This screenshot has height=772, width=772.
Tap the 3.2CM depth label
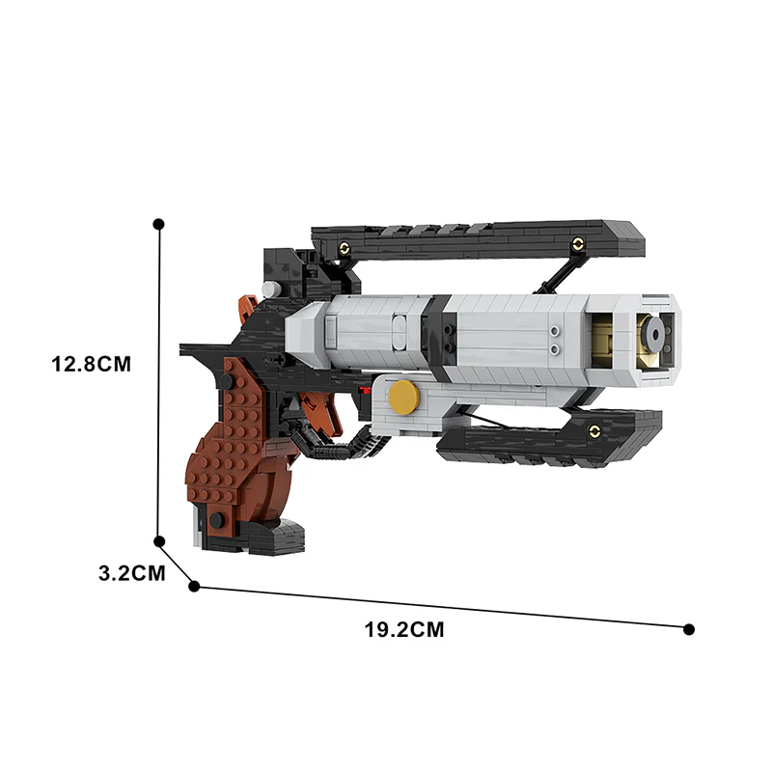131,572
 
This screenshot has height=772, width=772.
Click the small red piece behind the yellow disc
365,391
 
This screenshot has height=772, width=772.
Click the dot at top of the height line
159,224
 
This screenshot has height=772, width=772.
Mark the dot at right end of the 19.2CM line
689,629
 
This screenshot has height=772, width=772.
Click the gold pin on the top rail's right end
578,243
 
